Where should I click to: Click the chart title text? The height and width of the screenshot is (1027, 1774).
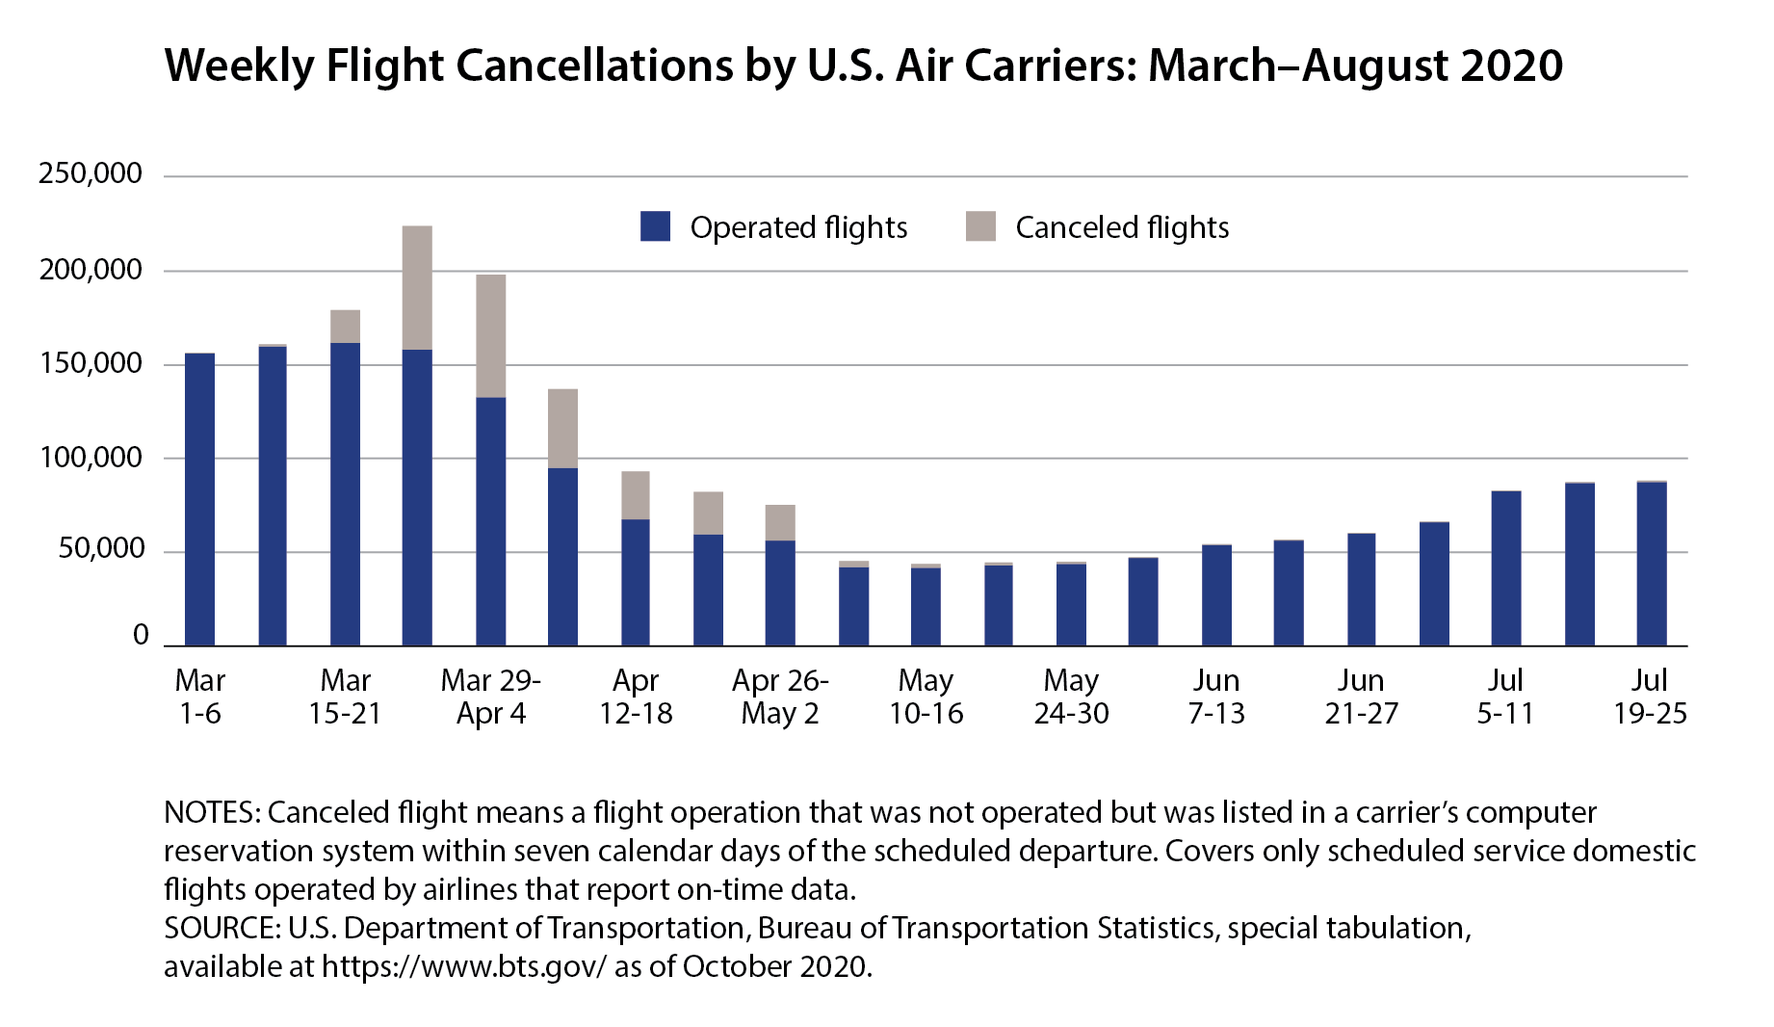pyautogui.click(x=863, y=66)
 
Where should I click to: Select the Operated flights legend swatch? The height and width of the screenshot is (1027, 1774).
pyautogui.click(x=655, y=226)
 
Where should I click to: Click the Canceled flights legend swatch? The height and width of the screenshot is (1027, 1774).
pyautogui.click(x=980, y=226)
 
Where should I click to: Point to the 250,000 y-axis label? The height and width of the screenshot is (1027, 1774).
pyautogui.click(x=90, y=173)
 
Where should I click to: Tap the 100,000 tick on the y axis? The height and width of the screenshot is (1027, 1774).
pyautogui.click(x=90, y=457)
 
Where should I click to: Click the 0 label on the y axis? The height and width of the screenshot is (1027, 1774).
pyautogui.click(x=141, y=635)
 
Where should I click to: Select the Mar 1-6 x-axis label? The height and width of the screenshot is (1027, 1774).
pyautogui.click(x=199, y=697)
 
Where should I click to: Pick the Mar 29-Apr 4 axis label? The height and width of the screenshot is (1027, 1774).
pyautogui.click(x=490, y=697)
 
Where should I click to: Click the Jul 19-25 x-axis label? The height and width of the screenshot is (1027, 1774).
pyautogui.click(x=1650, y=697)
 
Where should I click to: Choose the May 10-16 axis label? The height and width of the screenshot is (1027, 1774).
pyautogui.click(x=926, y=697)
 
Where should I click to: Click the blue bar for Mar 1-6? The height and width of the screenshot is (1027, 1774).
pyautogui.click(x=199, y=499)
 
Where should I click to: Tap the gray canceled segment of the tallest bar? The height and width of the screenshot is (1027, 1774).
pyautogui.click(x=417, y=287)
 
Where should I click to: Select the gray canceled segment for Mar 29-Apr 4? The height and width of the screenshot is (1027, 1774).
pyautogui.click(x=490, y=335)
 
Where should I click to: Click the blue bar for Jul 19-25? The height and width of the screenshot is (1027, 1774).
pyautogui.click(x=1651, y=564)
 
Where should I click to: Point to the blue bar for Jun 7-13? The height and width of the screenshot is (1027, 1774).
pyautogui.click(x=1216, y=594)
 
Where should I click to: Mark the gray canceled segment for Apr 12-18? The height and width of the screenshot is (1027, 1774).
pyautogui.click(x=636, y=495)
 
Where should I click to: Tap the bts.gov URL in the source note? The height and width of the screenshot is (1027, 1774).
pyautogui.click(x=464, y=966)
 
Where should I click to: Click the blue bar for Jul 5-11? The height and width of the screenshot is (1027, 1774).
pyautogui.click(x=1505, y=568)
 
